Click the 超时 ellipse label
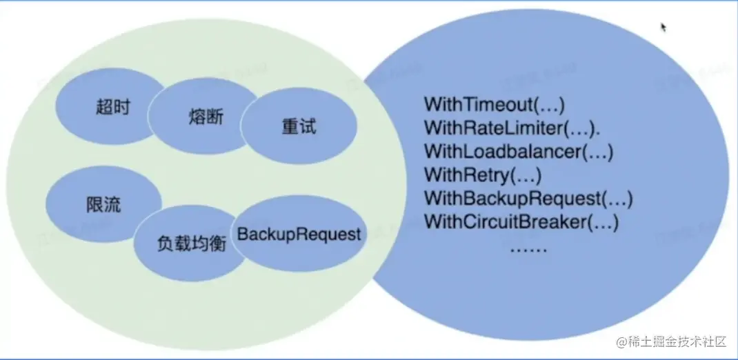[112, 108]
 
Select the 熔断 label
[206, 116]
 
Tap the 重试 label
[299, 128]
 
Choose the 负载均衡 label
[192, 243]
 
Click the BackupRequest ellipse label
[299, 234]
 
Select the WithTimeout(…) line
[495, 105]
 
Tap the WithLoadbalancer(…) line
[519, 152]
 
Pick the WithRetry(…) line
[483, 175]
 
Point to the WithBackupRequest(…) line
[528, 199]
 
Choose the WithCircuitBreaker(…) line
[521, 223]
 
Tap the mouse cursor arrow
[664, 27]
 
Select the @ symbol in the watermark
[621, 341]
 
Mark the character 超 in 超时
[103, 108]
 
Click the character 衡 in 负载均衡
[218, 243]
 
